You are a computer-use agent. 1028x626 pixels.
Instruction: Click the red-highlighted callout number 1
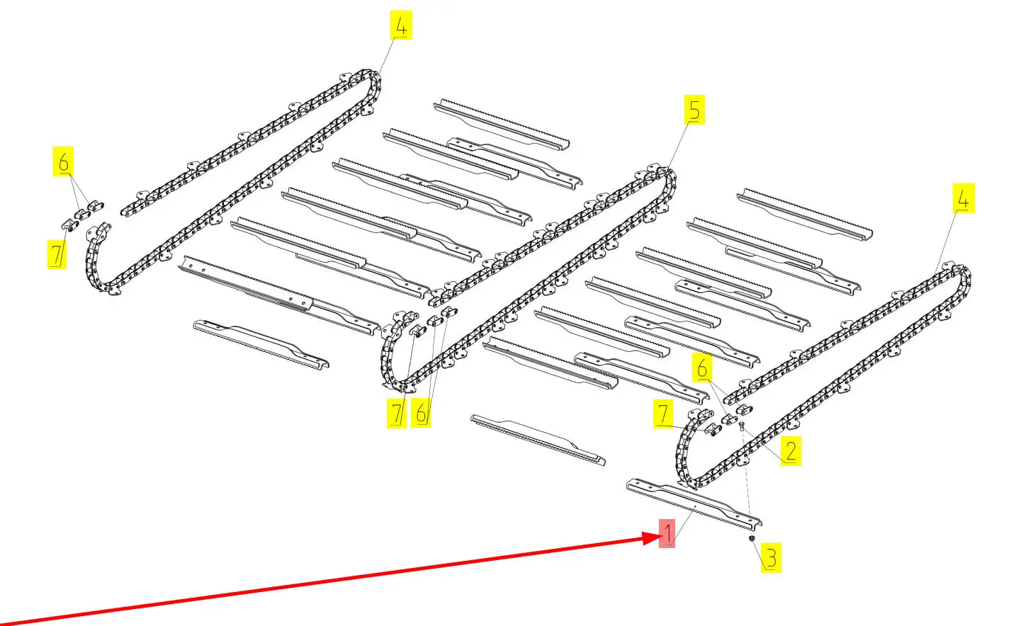point(667,533)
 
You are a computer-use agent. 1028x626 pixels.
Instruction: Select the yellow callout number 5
point(694,110)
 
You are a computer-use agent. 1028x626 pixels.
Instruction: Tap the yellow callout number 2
point(791,451)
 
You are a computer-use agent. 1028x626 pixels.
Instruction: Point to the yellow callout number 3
point(771,558)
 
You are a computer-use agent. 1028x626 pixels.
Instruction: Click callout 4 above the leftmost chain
point(401,25)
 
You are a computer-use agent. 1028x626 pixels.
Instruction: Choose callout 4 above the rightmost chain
point(964,198)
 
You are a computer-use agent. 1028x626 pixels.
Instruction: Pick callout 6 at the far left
point(63,161)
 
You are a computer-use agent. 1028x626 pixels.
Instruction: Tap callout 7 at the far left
point(57,254)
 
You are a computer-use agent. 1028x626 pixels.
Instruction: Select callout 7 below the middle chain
point(397,414)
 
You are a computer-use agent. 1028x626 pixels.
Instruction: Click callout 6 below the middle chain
point(421,413)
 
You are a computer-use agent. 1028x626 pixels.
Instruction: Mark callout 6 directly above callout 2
point(702,368)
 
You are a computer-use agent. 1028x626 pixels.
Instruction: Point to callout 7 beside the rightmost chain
point(663,414)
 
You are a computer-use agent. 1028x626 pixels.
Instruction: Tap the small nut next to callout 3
point(751,538)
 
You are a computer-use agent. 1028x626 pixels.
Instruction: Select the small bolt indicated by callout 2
point(742,426)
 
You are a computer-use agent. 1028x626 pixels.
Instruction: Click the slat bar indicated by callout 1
point(694,502)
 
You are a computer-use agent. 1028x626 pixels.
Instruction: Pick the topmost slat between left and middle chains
point(502,123)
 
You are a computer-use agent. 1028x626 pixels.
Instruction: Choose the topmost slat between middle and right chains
point(805,215)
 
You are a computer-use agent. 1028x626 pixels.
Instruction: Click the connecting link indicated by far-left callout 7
point(69,225)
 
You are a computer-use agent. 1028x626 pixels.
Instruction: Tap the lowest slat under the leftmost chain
point(261,343)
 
